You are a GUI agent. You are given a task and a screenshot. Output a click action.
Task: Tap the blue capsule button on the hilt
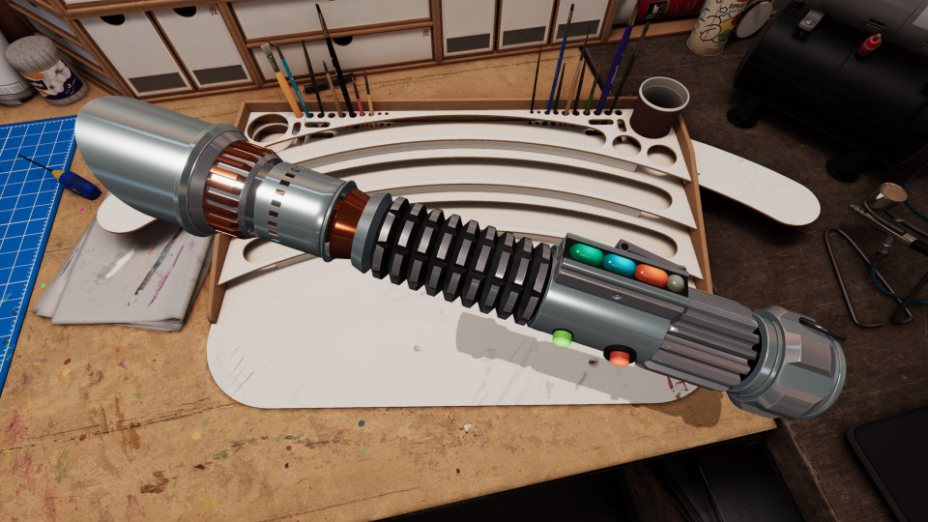point(620,264)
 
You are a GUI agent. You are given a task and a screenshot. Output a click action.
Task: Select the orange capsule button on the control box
point(652,275)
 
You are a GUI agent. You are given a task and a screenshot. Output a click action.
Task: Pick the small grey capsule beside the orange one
point(676,282)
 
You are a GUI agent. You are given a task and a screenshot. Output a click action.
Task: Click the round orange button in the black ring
point(619,358)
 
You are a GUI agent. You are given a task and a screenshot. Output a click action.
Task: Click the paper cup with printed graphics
point(715,24)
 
